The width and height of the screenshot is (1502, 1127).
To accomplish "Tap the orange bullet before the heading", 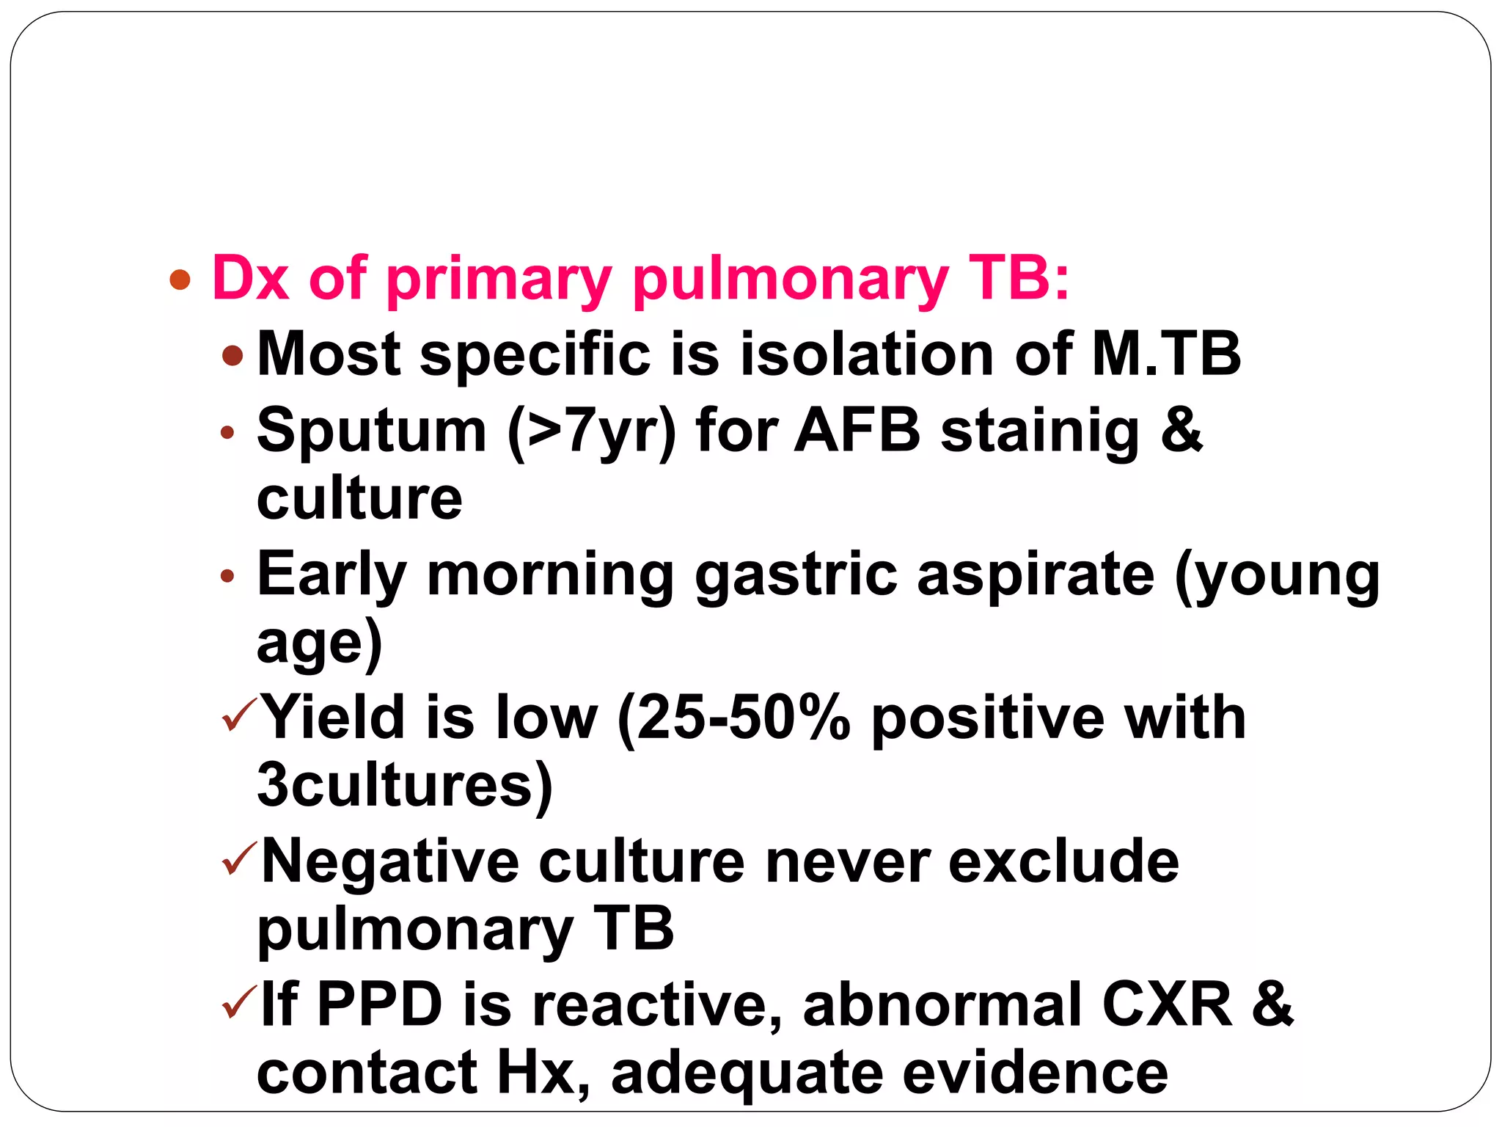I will point(180,280).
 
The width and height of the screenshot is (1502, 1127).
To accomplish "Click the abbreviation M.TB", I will point(1166,354).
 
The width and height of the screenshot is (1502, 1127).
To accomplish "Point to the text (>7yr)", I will point(591,431).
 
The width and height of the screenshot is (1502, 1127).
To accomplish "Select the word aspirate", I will point(1036,576).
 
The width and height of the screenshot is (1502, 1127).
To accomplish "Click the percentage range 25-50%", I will point(734,718).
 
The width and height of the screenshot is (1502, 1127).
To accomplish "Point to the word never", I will point(847,861).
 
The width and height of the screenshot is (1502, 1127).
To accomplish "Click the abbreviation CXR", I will point(1166,1004).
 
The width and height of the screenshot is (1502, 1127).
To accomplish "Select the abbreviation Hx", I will point(543,1073).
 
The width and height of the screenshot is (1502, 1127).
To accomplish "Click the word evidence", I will point(1035,1073).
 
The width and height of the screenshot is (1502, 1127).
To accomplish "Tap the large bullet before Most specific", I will point(232,356).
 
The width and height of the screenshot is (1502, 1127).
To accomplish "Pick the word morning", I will point(550,576).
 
